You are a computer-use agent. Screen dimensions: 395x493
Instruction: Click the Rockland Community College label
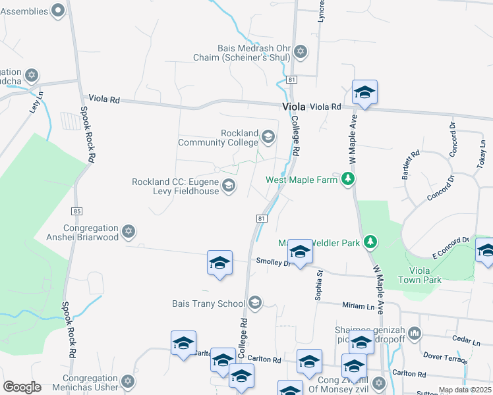[221, 137]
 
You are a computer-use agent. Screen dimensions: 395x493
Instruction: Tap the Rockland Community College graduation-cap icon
[268, 137]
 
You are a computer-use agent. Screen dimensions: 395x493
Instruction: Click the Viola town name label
[294, 107]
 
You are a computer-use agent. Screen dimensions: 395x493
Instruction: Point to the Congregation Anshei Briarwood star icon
[129, 232]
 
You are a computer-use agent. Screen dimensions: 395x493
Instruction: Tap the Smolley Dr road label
[273, 261]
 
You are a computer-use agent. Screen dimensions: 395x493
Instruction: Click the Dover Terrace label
[446, 357]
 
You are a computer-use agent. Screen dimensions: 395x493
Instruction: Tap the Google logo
[22, 386]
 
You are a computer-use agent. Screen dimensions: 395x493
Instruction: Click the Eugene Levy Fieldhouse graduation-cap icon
[228, 186]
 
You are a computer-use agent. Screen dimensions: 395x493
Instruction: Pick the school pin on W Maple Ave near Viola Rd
[364, 93]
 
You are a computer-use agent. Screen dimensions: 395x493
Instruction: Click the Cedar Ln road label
[467, 341]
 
